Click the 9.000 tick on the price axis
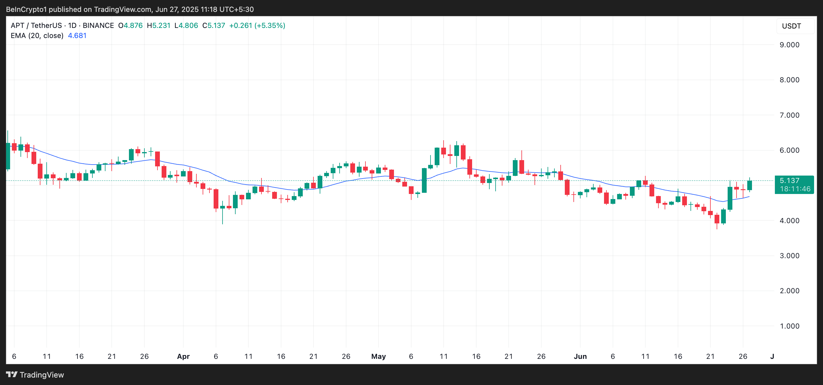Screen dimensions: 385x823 coord(789,45)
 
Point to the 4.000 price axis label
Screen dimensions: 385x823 coord(789,220)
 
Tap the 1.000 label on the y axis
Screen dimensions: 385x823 coord(789,326)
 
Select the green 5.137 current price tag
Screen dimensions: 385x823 coord(789,181)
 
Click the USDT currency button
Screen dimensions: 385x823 coord(792,26)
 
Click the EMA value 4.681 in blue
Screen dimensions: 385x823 coord(77,35)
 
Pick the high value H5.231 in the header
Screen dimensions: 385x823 coord(158,25)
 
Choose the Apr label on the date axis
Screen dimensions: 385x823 coord(183,356)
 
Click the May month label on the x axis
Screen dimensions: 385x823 coord(378,356)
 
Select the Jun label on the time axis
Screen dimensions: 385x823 coord(580,356)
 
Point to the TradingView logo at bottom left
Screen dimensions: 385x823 coord(35,375)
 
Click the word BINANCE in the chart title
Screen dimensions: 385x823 coord(98,25)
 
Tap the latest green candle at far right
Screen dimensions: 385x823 coord(749,185)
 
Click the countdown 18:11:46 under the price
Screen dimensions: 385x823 coord(795,189)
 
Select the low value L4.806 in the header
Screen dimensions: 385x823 coord(186,25)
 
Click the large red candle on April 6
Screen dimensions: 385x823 coord(216,199)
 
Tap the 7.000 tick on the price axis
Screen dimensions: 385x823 coord(789,115)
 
